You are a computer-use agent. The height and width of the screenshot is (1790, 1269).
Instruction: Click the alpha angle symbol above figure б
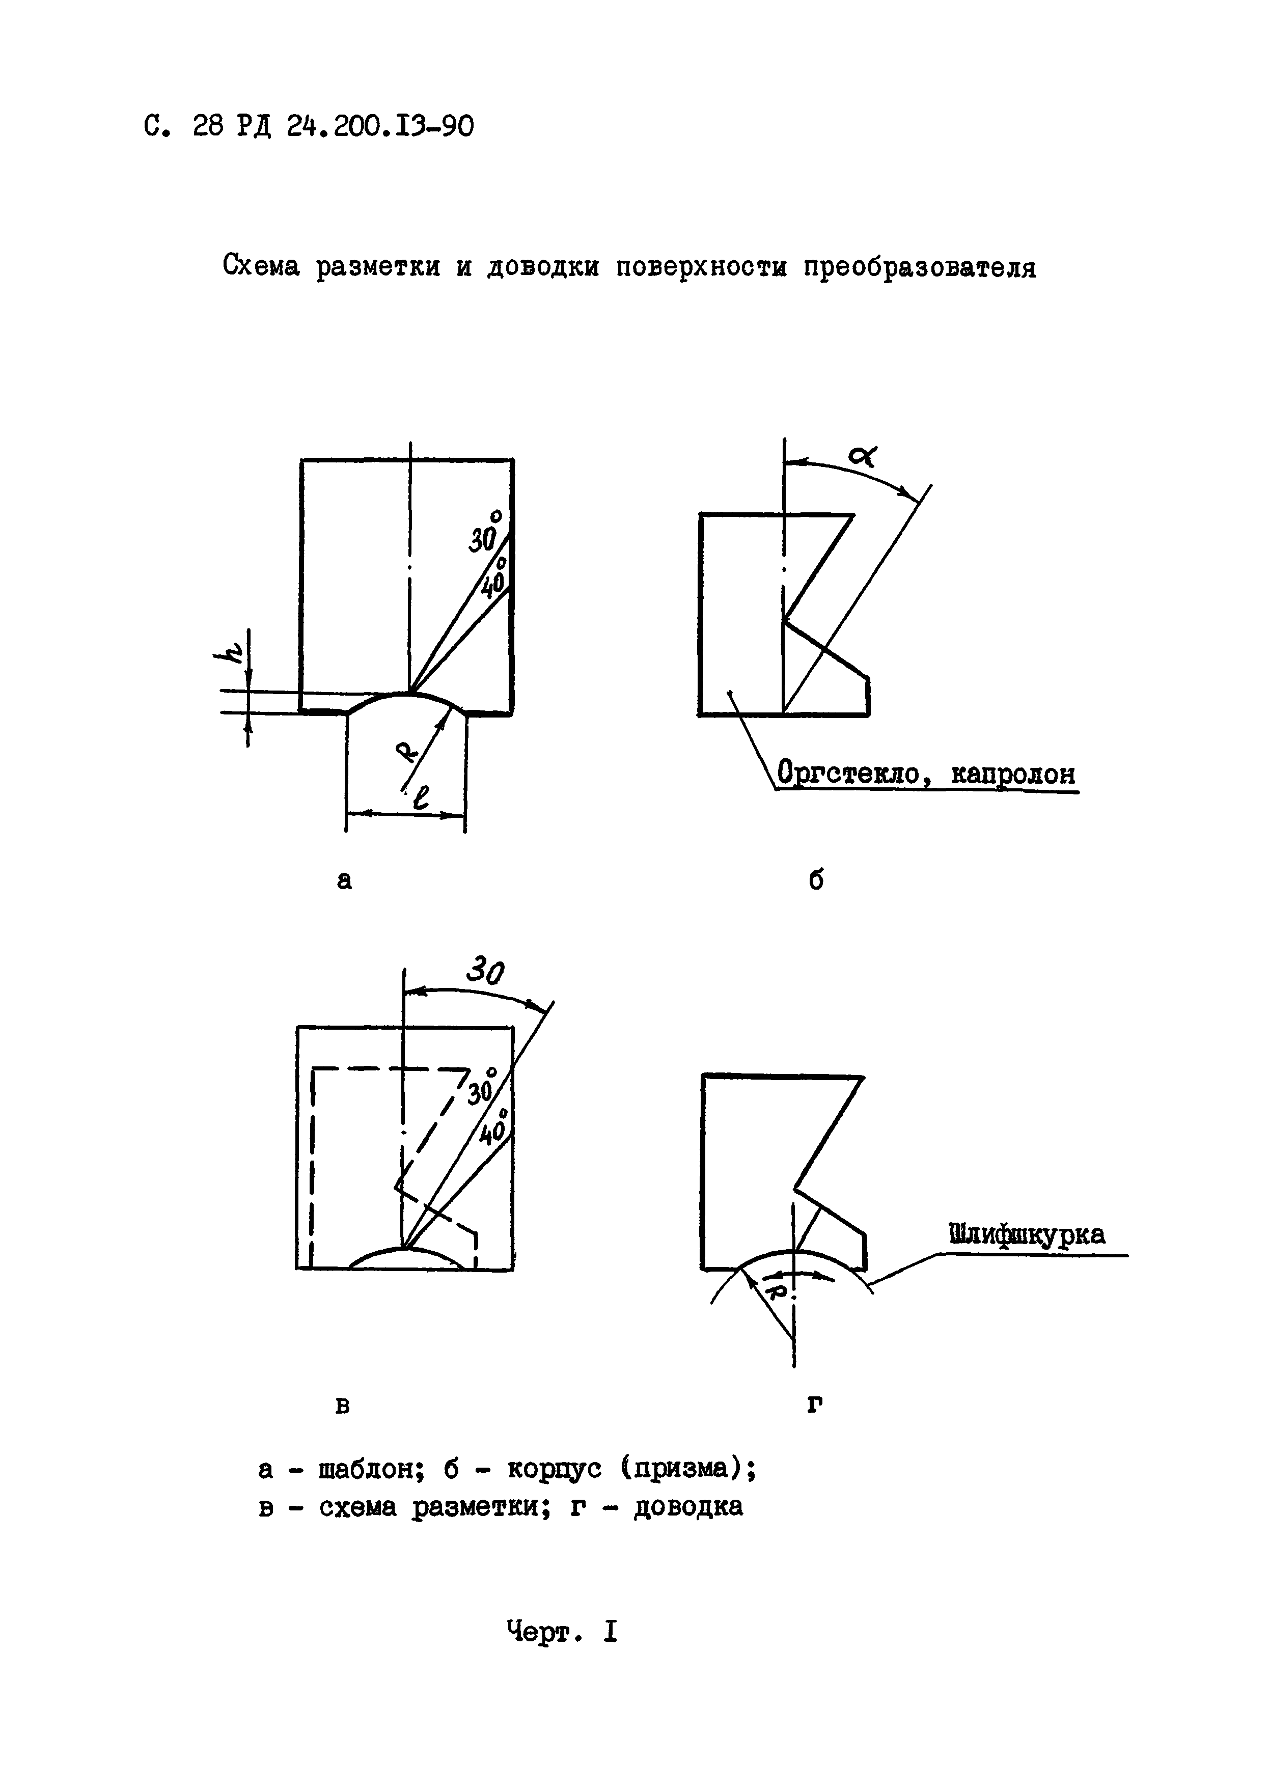pos(864,455)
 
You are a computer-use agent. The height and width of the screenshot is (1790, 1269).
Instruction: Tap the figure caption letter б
pos(816,880)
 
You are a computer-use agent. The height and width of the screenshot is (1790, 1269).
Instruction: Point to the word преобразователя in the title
pos(921,267)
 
